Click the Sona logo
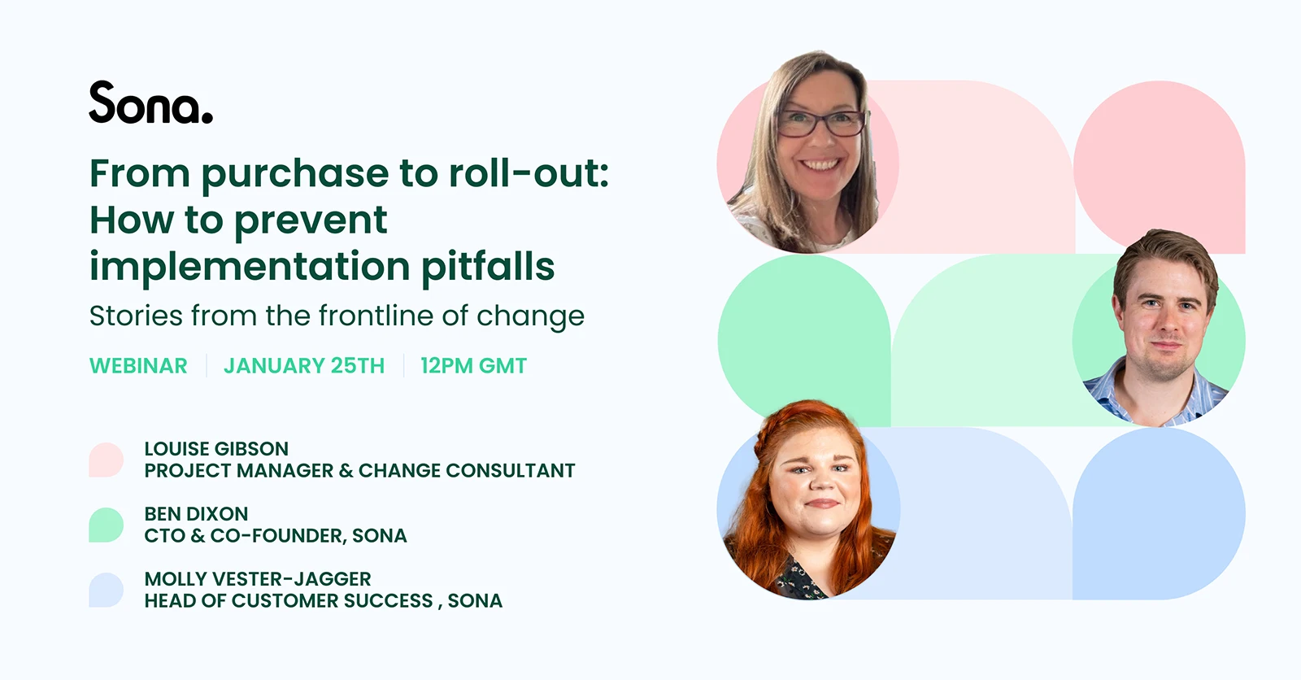[150, 103]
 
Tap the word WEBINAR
[138, 366]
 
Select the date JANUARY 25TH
[304, 366]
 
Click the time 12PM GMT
[473, 366]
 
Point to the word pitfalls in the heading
[488, 267]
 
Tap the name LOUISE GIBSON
[216, 449]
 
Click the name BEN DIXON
[196, 514]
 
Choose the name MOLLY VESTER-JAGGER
[258, 579]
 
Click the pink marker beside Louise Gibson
[107, 460]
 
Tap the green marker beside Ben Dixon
[107, 525]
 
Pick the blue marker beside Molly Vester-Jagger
[107, 590]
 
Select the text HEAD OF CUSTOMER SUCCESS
[289, 601]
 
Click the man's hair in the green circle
[1167, 252]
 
